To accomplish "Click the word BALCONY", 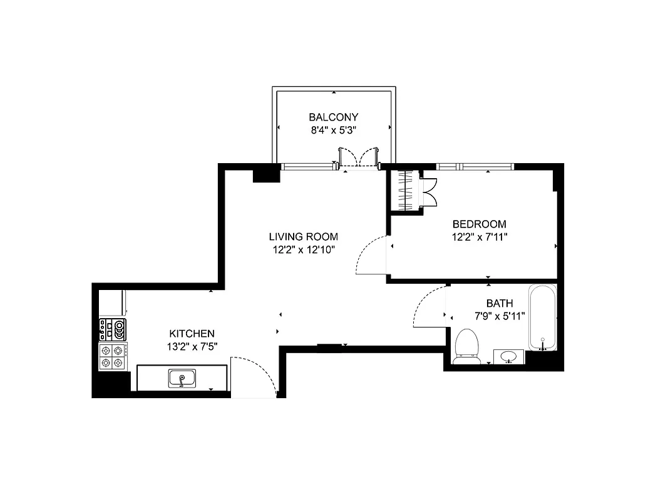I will click(333, 117).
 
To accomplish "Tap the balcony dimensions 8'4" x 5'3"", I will click(333, 130).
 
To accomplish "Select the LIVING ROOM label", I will click(304, 237).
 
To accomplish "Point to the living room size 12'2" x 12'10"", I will click(304, 250).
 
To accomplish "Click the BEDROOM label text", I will click(479, 224).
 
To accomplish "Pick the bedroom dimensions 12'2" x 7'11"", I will click(479, 237).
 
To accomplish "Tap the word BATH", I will click(500, 303).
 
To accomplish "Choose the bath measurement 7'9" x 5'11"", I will click(500, 316).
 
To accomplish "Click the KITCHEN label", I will click(192, 334).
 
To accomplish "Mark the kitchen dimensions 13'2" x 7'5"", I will click(192, 347).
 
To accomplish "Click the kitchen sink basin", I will click(182, 378).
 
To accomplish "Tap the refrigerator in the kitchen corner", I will click(113, 303).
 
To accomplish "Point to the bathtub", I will click(542, 317).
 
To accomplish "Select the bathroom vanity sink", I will click(509, 356).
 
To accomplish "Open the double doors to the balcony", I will click(358, 157).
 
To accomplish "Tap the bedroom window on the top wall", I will click(474, 167).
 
